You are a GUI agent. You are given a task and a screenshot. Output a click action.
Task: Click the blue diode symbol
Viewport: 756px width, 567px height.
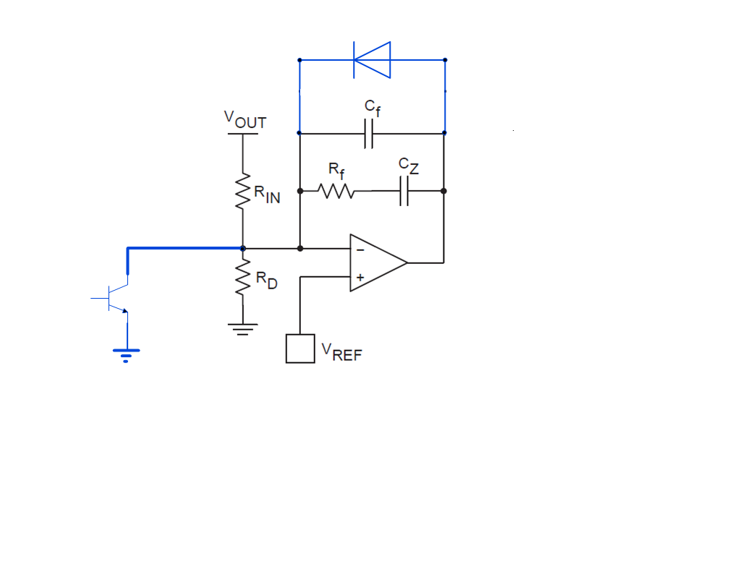[x=372, y=59]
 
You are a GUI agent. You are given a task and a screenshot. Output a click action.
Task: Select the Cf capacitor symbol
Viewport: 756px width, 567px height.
[x=369, y=134]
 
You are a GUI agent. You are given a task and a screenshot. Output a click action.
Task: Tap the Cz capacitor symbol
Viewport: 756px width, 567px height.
[x=404, y=191]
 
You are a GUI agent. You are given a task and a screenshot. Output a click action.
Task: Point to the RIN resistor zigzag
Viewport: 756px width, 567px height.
[x=242, y=192]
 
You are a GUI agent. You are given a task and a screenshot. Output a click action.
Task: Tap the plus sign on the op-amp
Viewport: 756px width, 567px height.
[x=360, y=277]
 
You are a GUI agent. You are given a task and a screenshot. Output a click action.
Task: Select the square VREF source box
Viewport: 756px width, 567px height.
[x=300, y=348]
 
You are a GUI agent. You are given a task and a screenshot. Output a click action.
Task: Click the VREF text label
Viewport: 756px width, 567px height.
[x=342, y=352]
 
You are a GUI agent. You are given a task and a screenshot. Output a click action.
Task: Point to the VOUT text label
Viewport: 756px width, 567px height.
[x=245, y=119]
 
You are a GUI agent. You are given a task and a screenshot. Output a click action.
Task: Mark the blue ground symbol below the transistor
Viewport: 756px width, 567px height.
[x=126, y=354]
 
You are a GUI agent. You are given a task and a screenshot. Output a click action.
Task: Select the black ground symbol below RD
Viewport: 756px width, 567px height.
[x=242, y=330]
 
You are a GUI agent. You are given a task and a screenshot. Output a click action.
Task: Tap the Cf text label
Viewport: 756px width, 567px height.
[x=372, y=108]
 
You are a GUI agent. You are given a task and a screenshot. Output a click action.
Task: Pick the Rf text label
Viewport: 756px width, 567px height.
[x=336, y=170]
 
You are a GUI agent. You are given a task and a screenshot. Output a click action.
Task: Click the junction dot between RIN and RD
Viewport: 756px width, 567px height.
[x=242, y=248]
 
